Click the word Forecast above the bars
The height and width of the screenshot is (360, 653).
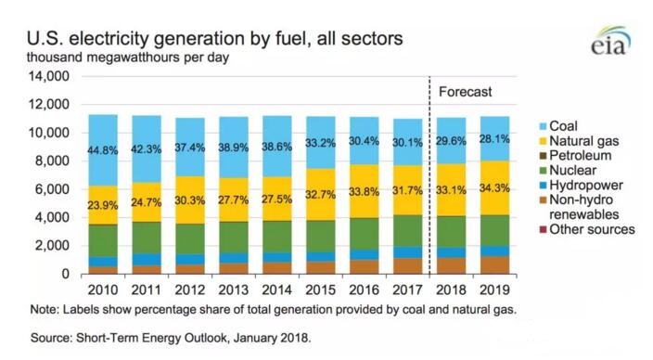coord(465,93)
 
